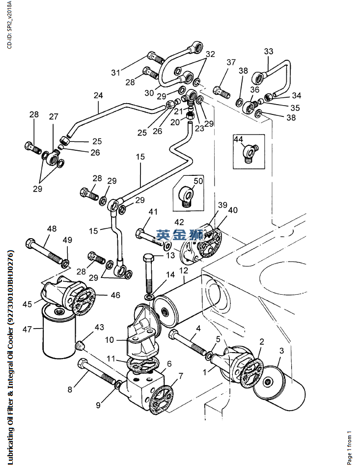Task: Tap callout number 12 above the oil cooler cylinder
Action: (183, 271)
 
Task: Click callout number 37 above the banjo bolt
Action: (231, 62)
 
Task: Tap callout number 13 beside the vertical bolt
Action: (170, 255)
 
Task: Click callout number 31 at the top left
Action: (115, 73)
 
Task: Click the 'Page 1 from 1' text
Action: (350, 447)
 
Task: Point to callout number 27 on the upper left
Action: (53, 117)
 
